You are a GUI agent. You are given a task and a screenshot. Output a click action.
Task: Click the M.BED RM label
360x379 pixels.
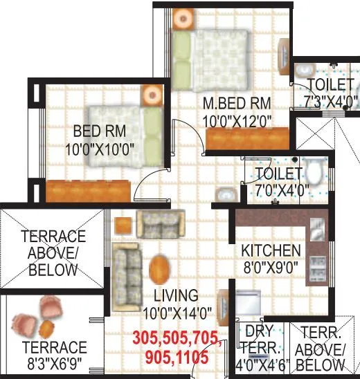(237, 104)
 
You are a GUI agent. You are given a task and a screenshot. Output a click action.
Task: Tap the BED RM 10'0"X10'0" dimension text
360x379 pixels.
(99, 148)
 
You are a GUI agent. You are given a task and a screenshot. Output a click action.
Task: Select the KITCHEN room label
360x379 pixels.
(271, 250)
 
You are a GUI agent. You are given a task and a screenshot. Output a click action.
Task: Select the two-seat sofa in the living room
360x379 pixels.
(160, 223)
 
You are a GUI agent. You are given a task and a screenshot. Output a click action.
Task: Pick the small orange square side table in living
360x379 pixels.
(123, 225)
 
